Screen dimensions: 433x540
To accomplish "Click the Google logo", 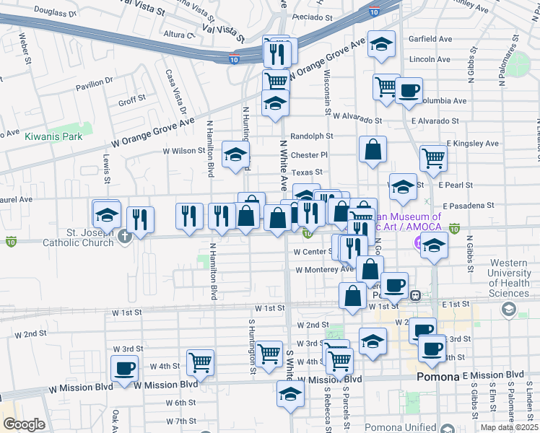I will coord(24,424).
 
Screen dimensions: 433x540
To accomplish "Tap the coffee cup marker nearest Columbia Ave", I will coord(409,91).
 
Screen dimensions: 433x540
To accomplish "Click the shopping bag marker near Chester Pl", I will coord(373,150).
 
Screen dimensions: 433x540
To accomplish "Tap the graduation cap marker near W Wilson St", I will coord(235,154).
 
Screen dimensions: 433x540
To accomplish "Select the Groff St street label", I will coord(132,100).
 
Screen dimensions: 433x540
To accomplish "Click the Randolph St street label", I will coord(311,136).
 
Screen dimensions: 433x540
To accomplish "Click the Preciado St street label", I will coord(312,16).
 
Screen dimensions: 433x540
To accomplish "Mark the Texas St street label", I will coord(307,172).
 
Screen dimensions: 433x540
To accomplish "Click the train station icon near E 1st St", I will coord(416,295).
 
